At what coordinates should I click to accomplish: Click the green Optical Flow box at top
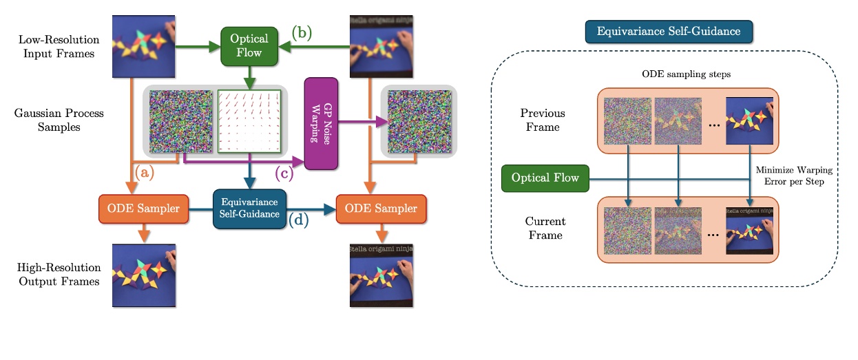249,47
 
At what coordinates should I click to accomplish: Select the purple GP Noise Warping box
321,123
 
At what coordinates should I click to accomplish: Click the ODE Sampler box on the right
381,209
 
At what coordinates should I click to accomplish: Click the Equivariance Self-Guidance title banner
669,31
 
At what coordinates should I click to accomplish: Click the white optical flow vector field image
250,121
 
